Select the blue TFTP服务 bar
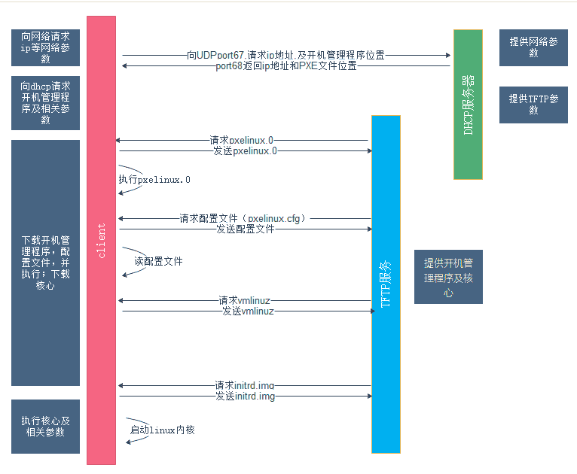coord(386,284)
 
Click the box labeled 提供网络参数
coord(533,48)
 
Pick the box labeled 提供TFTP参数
coord(533,105)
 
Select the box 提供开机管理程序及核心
coord(448,277)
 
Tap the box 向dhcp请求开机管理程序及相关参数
coord(45,103)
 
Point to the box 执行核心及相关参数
coord(45,427)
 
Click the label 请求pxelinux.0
coord(242,140)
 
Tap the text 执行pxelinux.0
coord(154,180)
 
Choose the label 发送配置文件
coord(245,229)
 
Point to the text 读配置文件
coord(158,262)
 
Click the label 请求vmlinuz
coord(246,300)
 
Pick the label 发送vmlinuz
coord(248,311)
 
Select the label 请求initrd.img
coord(244,385)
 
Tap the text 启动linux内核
coord(162,430)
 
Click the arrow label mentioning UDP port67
coord(286,55)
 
